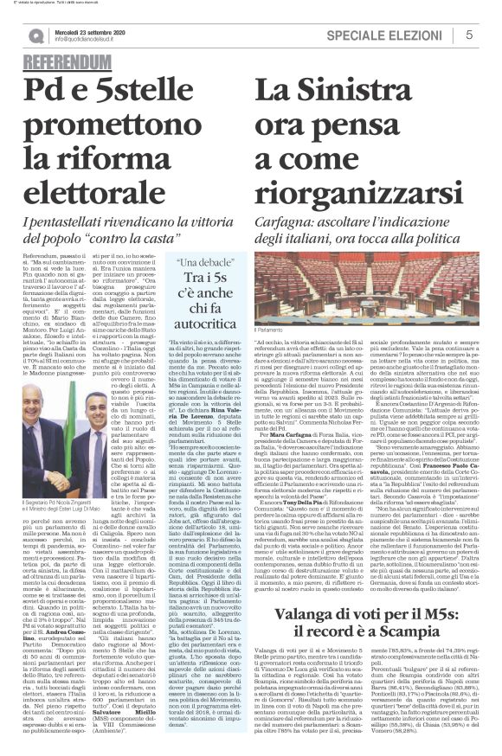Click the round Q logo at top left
(x=35, y=35)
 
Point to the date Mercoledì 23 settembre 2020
(x=90, y=29)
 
